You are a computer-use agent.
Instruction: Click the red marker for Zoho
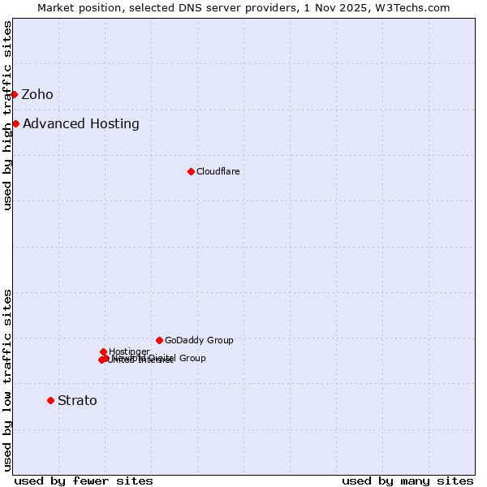(14, 94)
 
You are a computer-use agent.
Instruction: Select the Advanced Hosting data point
(15, 123)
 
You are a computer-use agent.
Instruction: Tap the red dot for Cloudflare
(191, 171)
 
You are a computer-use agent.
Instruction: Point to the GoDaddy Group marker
(159, 340)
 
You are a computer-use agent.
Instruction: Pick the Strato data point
(50, 400)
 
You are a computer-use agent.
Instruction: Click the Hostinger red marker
(103, 351)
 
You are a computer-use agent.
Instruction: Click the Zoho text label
(37, 94)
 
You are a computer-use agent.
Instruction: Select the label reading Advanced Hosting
(81, 123)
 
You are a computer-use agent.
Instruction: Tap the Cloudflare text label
(218, 171)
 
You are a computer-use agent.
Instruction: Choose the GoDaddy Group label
(199, 340)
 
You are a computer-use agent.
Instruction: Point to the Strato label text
(77, 400)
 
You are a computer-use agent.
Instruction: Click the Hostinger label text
(129, 351)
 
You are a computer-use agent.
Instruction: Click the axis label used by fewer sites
(84, 481)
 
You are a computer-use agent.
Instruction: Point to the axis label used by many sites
(407, 481)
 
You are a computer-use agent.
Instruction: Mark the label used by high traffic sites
(7, 115)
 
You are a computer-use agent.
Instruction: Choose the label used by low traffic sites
(7, 380)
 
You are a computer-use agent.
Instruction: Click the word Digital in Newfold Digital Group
(161, 358)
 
